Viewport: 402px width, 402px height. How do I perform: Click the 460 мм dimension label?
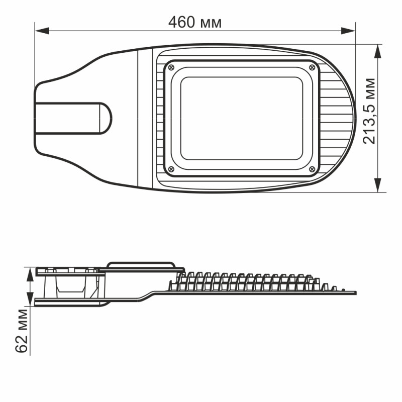pyautogui.click(x=194, y=23)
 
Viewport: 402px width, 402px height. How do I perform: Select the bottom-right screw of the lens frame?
pyautogui.click(x=312, y=169)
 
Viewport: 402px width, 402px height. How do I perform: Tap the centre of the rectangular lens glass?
pyautogui.click(x=241, y=118)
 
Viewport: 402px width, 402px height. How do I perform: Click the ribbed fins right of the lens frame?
pyautogui.click(x=332, y=118)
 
